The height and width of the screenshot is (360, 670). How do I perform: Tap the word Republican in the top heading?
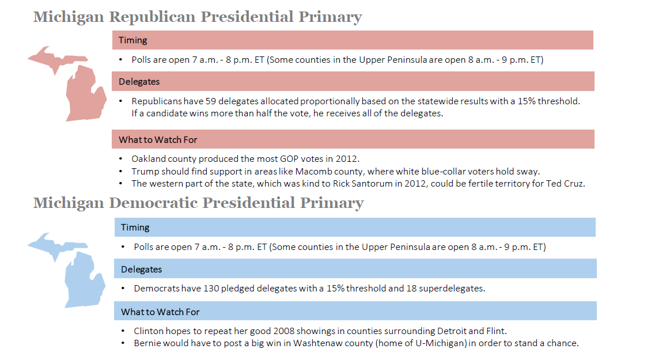coord(152,17)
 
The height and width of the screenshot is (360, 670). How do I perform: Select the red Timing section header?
coord(353,40)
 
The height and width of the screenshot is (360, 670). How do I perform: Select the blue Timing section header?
coord(355,228)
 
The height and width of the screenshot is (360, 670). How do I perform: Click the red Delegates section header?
coord(353,82)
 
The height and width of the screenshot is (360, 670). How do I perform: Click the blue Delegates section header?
coord(355,269)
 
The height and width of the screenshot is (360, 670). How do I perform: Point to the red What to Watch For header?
coord(353,139)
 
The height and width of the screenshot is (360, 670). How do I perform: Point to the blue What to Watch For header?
coord(355,312)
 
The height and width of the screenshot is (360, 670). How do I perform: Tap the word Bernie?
coord(149,343)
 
